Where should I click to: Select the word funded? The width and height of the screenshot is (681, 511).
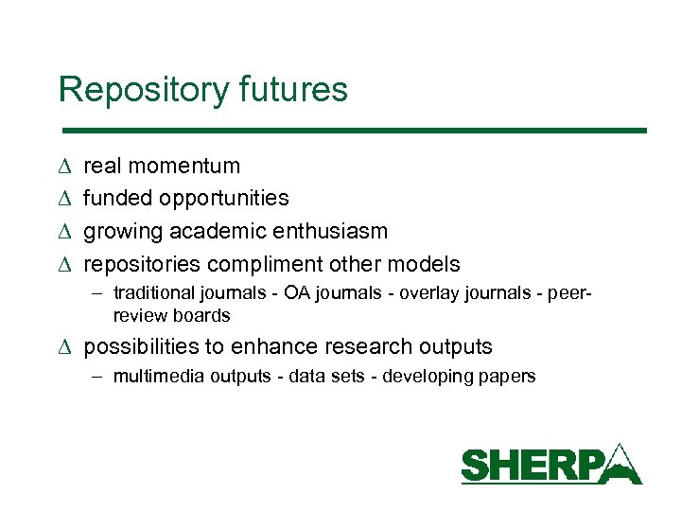(x=118, y=199)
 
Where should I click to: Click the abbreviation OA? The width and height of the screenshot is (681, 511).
(x=296, y=292)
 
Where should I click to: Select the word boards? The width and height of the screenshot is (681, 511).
(x=201, y=315)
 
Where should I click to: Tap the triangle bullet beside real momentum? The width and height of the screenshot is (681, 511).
(x=63, y=167)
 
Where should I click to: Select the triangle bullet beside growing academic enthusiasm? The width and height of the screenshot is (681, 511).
(x=63, y=232)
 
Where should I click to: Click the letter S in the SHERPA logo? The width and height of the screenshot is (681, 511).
(x=476, y=466)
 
